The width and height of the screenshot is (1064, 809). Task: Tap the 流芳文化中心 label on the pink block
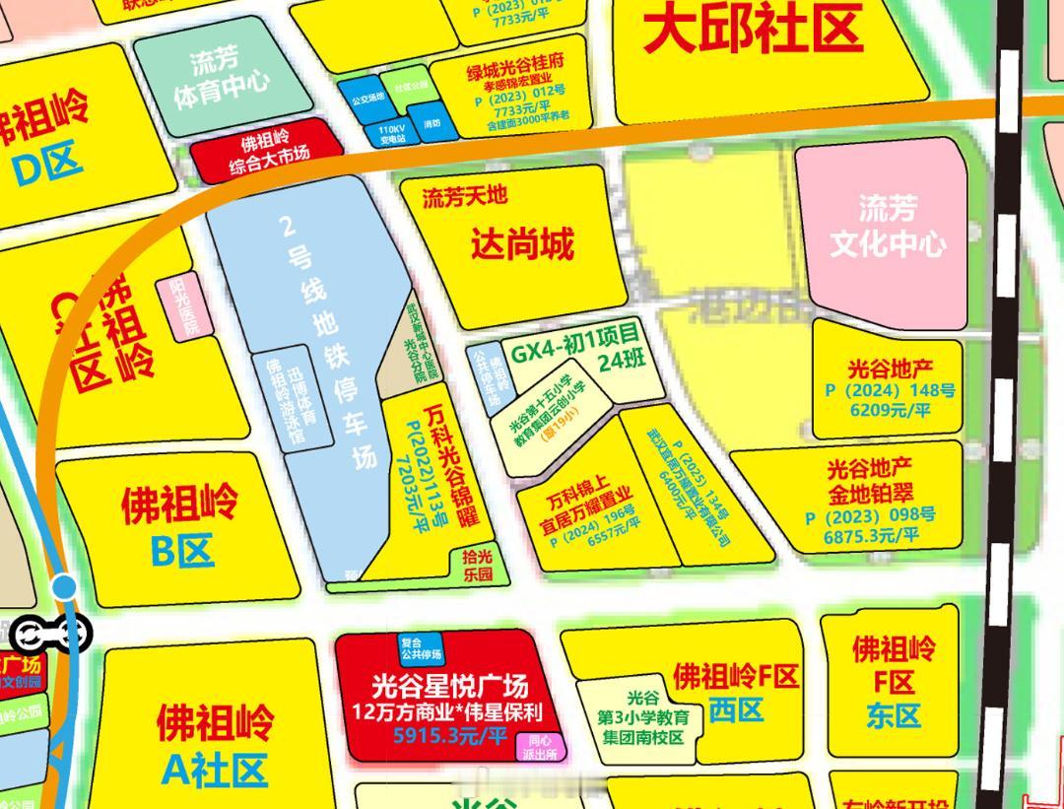pyautogui.click(x=887, y=226)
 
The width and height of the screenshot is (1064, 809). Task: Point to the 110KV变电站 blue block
pyautogui.click(x=392, y=133)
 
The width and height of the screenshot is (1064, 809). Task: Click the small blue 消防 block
pyautogui.click(x=432, y=125)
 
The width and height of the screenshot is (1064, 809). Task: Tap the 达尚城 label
pyautogui.click(x=521, y=242)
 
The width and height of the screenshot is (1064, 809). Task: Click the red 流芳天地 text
pyautogui.click(x=465, y=196)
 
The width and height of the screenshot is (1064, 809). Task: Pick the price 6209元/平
pyautogui.click(x=891, y=410)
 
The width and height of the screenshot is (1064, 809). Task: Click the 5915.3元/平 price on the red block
pyautogui.click(x=450, y=735)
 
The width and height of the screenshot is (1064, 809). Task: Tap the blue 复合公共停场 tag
pyautogui.click(x=421, y=648)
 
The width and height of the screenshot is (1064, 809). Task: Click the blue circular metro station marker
pyautogui.click(x=64, y=588)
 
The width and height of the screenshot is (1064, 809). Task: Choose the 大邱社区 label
pyautogui.click(x=754, y=29)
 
